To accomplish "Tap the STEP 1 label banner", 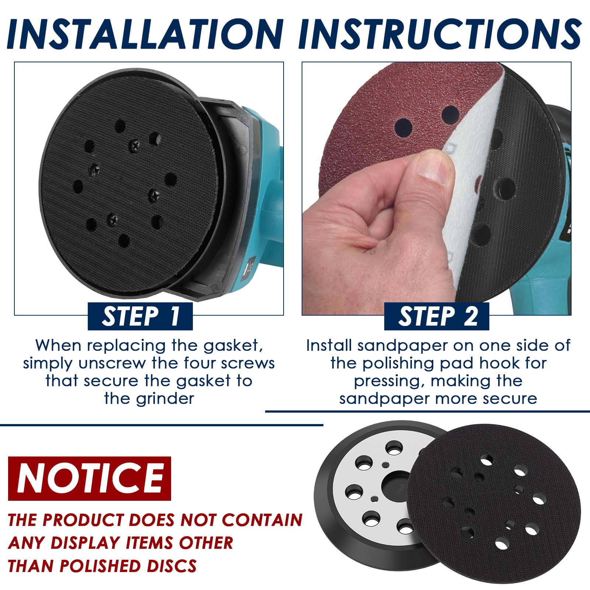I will coord(140,316).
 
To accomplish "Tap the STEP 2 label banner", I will coord(437,316).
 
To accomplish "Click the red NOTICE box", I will coord(90,478).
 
